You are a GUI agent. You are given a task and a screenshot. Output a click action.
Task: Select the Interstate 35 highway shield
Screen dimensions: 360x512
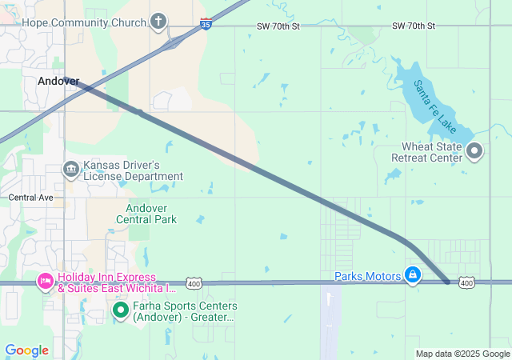coord(206,24)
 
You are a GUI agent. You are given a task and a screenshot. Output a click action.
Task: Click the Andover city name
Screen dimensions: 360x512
coord(58,81)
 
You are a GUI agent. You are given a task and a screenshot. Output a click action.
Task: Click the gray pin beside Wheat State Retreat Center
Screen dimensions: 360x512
coord(474,150)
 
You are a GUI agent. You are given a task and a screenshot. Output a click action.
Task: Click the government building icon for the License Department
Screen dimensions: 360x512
coord(70,169)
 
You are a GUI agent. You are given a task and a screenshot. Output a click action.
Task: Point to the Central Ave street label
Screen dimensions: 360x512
coord(30,197)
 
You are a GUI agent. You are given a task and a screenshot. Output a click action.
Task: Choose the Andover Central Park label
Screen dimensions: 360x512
coord(146,214)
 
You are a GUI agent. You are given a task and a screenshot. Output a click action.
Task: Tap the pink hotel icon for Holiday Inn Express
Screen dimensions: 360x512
coord(45,281)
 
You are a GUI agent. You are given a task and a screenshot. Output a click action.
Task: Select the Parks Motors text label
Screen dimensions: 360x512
coord(368,277)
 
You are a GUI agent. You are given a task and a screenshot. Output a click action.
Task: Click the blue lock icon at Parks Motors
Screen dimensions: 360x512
coord(412,276)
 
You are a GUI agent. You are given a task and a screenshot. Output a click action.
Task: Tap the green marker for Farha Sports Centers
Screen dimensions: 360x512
coord(120,309)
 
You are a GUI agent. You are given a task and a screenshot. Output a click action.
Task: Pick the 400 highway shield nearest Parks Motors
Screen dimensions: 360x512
coord(468,282)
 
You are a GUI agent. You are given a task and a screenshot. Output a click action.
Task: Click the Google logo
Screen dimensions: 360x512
coord(26,350)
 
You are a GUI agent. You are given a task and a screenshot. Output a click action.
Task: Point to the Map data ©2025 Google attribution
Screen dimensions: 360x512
coord(462,354)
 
